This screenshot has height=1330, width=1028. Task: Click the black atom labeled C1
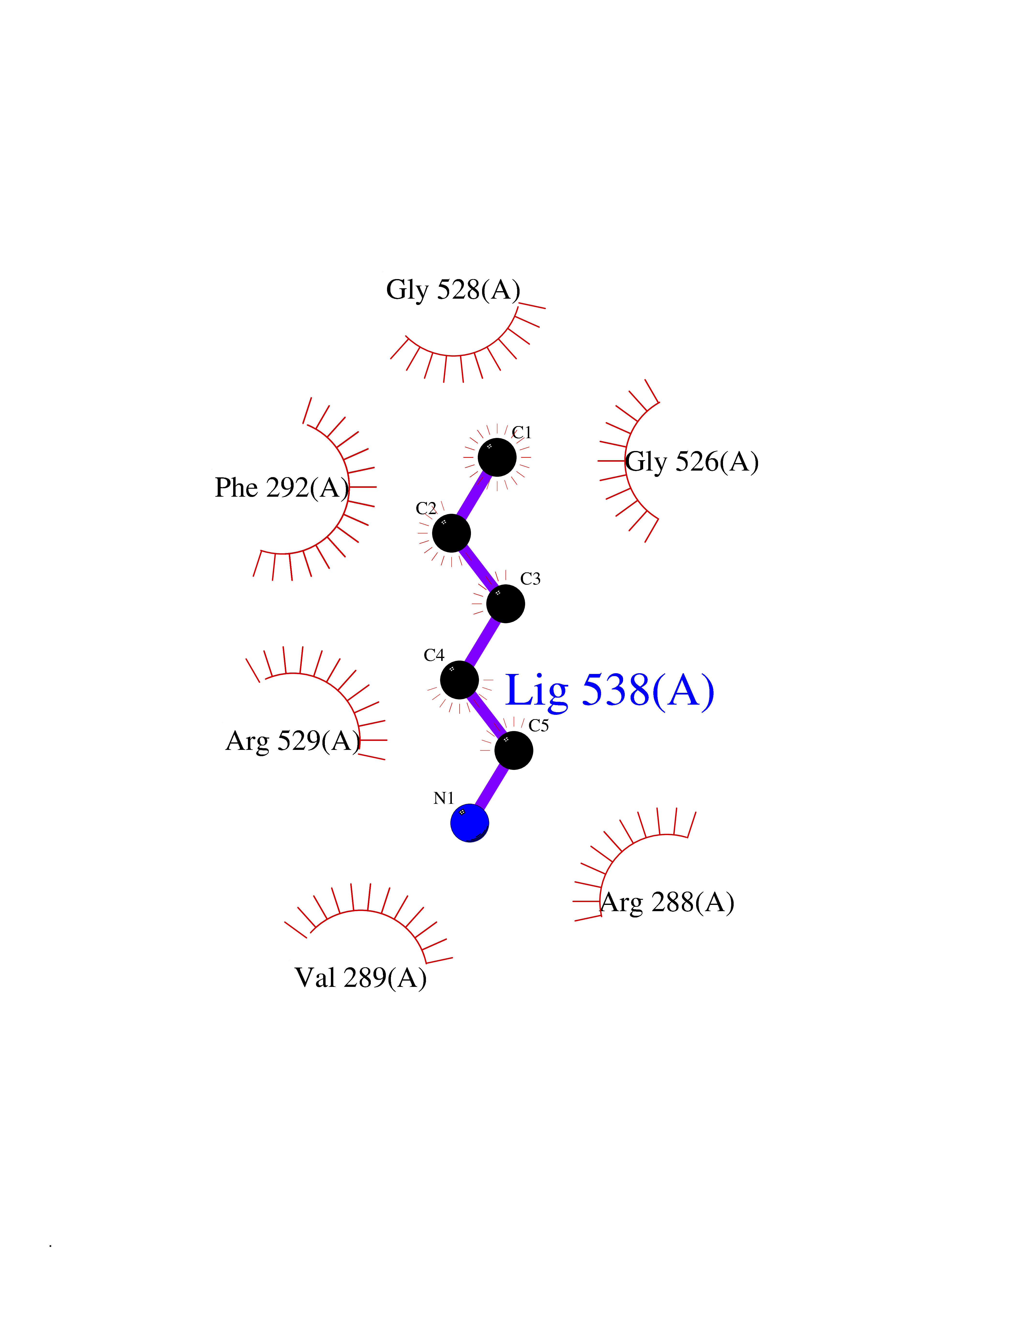[x=497, y=457]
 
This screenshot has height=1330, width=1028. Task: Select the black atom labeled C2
[x=451, y=533]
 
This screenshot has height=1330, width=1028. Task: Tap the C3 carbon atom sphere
[x=506, y=604]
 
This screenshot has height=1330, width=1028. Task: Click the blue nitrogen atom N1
[x=469, y=823]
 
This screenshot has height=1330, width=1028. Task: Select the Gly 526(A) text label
[x=692, y=462]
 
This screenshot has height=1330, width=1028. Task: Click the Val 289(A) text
[x=361, y=977]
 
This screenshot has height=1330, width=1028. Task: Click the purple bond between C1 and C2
[x=474, y=495]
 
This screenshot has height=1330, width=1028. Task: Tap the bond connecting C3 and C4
[x=482, y=642]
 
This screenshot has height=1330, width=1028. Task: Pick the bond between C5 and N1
[x=492, y=787]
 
